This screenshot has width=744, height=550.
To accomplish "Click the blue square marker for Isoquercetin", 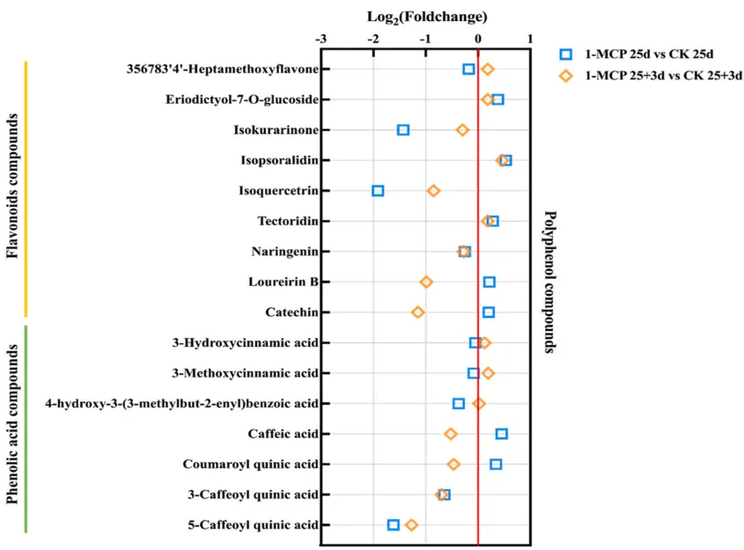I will coord(378,191).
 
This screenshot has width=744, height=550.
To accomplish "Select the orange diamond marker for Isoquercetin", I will coord(433,191).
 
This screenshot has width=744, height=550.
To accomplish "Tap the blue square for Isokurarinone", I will coord(403,130).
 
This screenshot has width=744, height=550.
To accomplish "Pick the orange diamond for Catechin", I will coord(418,312).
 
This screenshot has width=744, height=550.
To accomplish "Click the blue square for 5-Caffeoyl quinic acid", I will coord(394,525).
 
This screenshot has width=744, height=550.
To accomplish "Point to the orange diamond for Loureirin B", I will coord(426,282).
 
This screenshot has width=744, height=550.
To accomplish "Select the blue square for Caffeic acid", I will coord(502,434).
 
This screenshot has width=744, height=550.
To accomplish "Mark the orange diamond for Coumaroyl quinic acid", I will coord(453,465).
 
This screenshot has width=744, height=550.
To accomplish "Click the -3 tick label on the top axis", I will coord(320,39).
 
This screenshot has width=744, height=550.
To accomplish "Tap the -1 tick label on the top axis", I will coord(424,39).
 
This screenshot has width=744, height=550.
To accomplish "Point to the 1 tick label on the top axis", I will coord(530,39).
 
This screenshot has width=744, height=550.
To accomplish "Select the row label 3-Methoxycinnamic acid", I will coord(239,373).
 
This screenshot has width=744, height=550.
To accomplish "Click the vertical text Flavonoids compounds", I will coord(12,190).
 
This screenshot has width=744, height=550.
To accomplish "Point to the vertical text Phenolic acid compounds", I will coord(12,425).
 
